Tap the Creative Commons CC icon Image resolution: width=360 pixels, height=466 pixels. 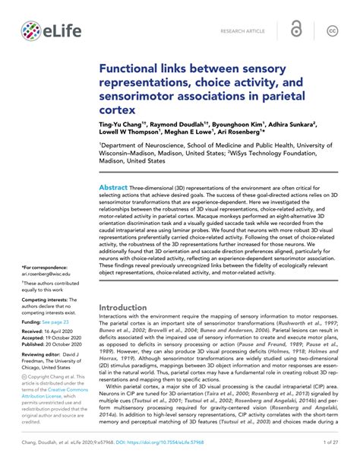click(x=332, y=30)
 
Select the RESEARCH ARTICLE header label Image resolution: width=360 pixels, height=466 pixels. click(x=242, y=31)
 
